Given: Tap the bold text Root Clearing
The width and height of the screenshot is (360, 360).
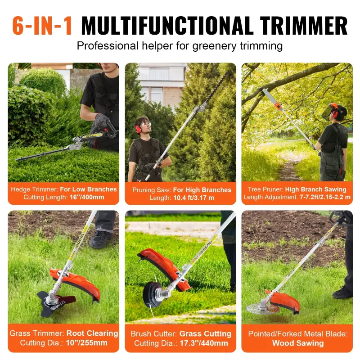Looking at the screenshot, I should (x=92, y=333).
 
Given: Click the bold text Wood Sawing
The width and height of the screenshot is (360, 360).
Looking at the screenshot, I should (x=297, y=343).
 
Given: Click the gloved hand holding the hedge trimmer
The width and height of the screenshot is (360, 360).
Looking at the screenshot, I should (x=101, y=121).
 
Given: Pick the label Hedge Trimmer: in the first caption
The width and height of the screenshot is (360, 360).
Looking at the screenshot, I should (x=33, y=189).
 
